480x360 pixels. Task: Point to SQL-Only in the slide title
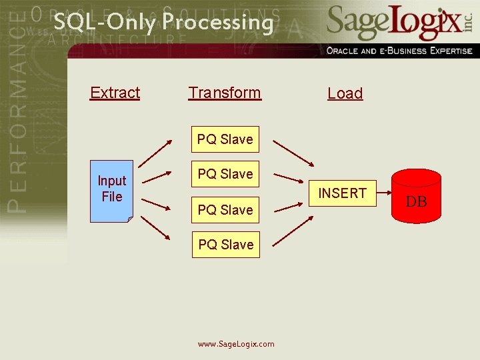105,22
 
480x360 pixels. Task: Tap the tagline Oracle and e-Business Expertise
399,51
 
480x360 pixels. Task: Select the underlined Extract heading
115,93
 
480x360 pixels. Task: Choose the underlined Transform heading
225,93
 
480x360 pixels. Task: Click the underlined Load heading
345,94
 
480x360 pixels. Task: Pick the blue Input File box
112,190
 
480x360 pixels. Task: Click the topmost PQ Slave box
225,139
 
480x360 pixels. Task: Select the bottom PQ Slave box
225,245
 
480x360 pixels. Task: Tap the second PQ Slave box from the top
225,174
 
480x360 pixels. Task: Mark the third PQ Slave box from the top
225,210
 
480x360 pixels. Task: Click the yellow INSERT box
342,193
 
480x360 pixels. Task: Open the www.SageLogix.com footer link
236,344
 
